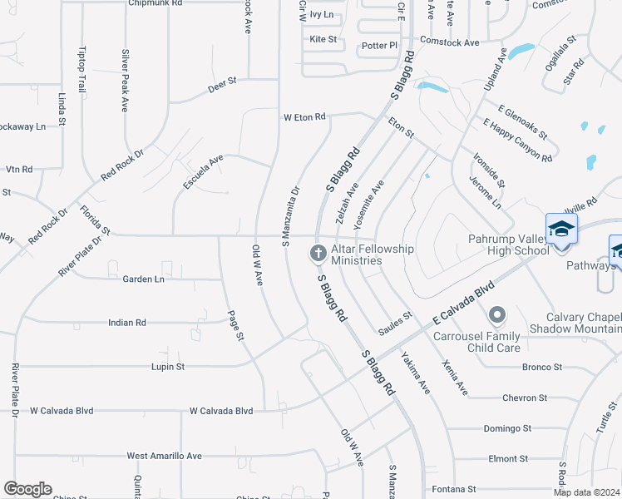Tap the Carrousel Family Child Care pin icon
[497, 314]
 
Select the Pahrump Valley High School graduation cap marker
[561, 229]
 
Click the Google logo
[27, 489]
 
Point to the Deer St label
[222, 82]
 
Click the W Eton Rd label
[304, 117]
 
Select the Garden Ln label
[144, 279]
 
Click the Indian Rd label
[127, 322]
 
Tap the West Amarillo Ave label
[165, 456]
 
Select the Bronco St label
[542, 367]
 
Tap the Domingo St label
[507, 429]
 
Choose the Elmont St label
[508, 458]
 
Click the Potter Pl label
[376, 46]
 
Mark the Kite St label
[323, 39]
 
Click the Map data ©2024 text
[585, 492]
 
